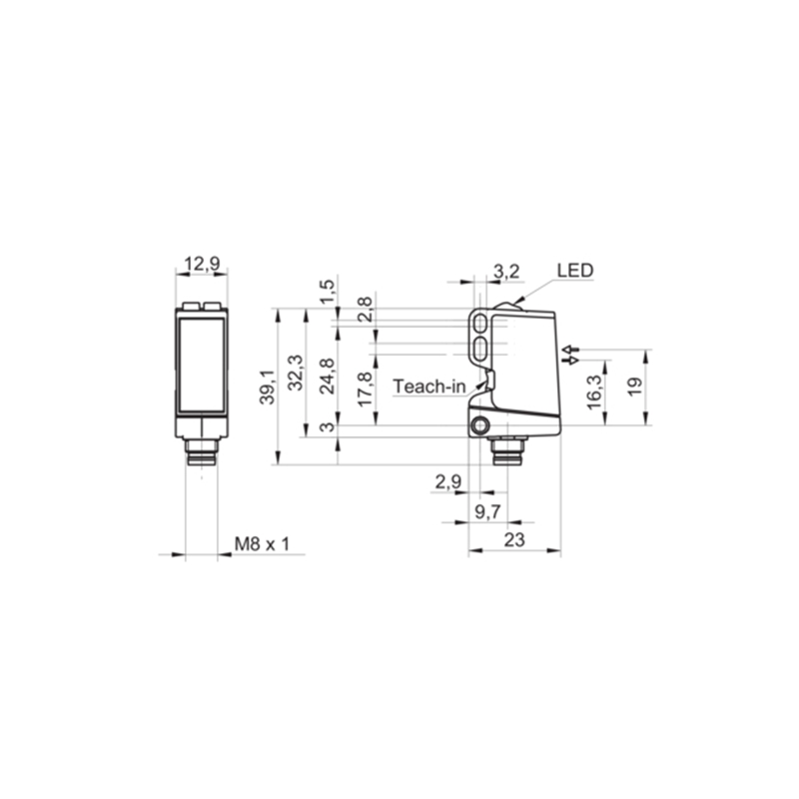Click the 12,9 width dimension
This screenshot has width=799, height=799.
point(202,264)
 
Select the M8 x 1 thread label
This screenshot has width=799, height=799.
point(262,543)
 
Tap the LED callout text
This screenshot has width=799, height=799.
point(575,270)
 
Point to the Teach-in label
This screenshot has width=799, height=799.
point(429,387)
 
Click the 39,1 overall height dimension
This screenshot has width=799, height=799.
point(267,388)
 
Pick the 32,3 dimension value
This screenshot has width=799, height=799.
point(296,373)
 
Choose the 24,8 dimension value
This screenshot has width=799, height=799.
point(327,377)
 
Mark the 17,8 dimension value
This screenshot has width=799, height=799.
point(365,389)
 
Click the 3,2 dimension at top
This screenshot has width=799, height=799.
point(506,271)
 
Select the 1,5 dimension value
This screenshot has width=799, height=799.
point(328,291)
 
